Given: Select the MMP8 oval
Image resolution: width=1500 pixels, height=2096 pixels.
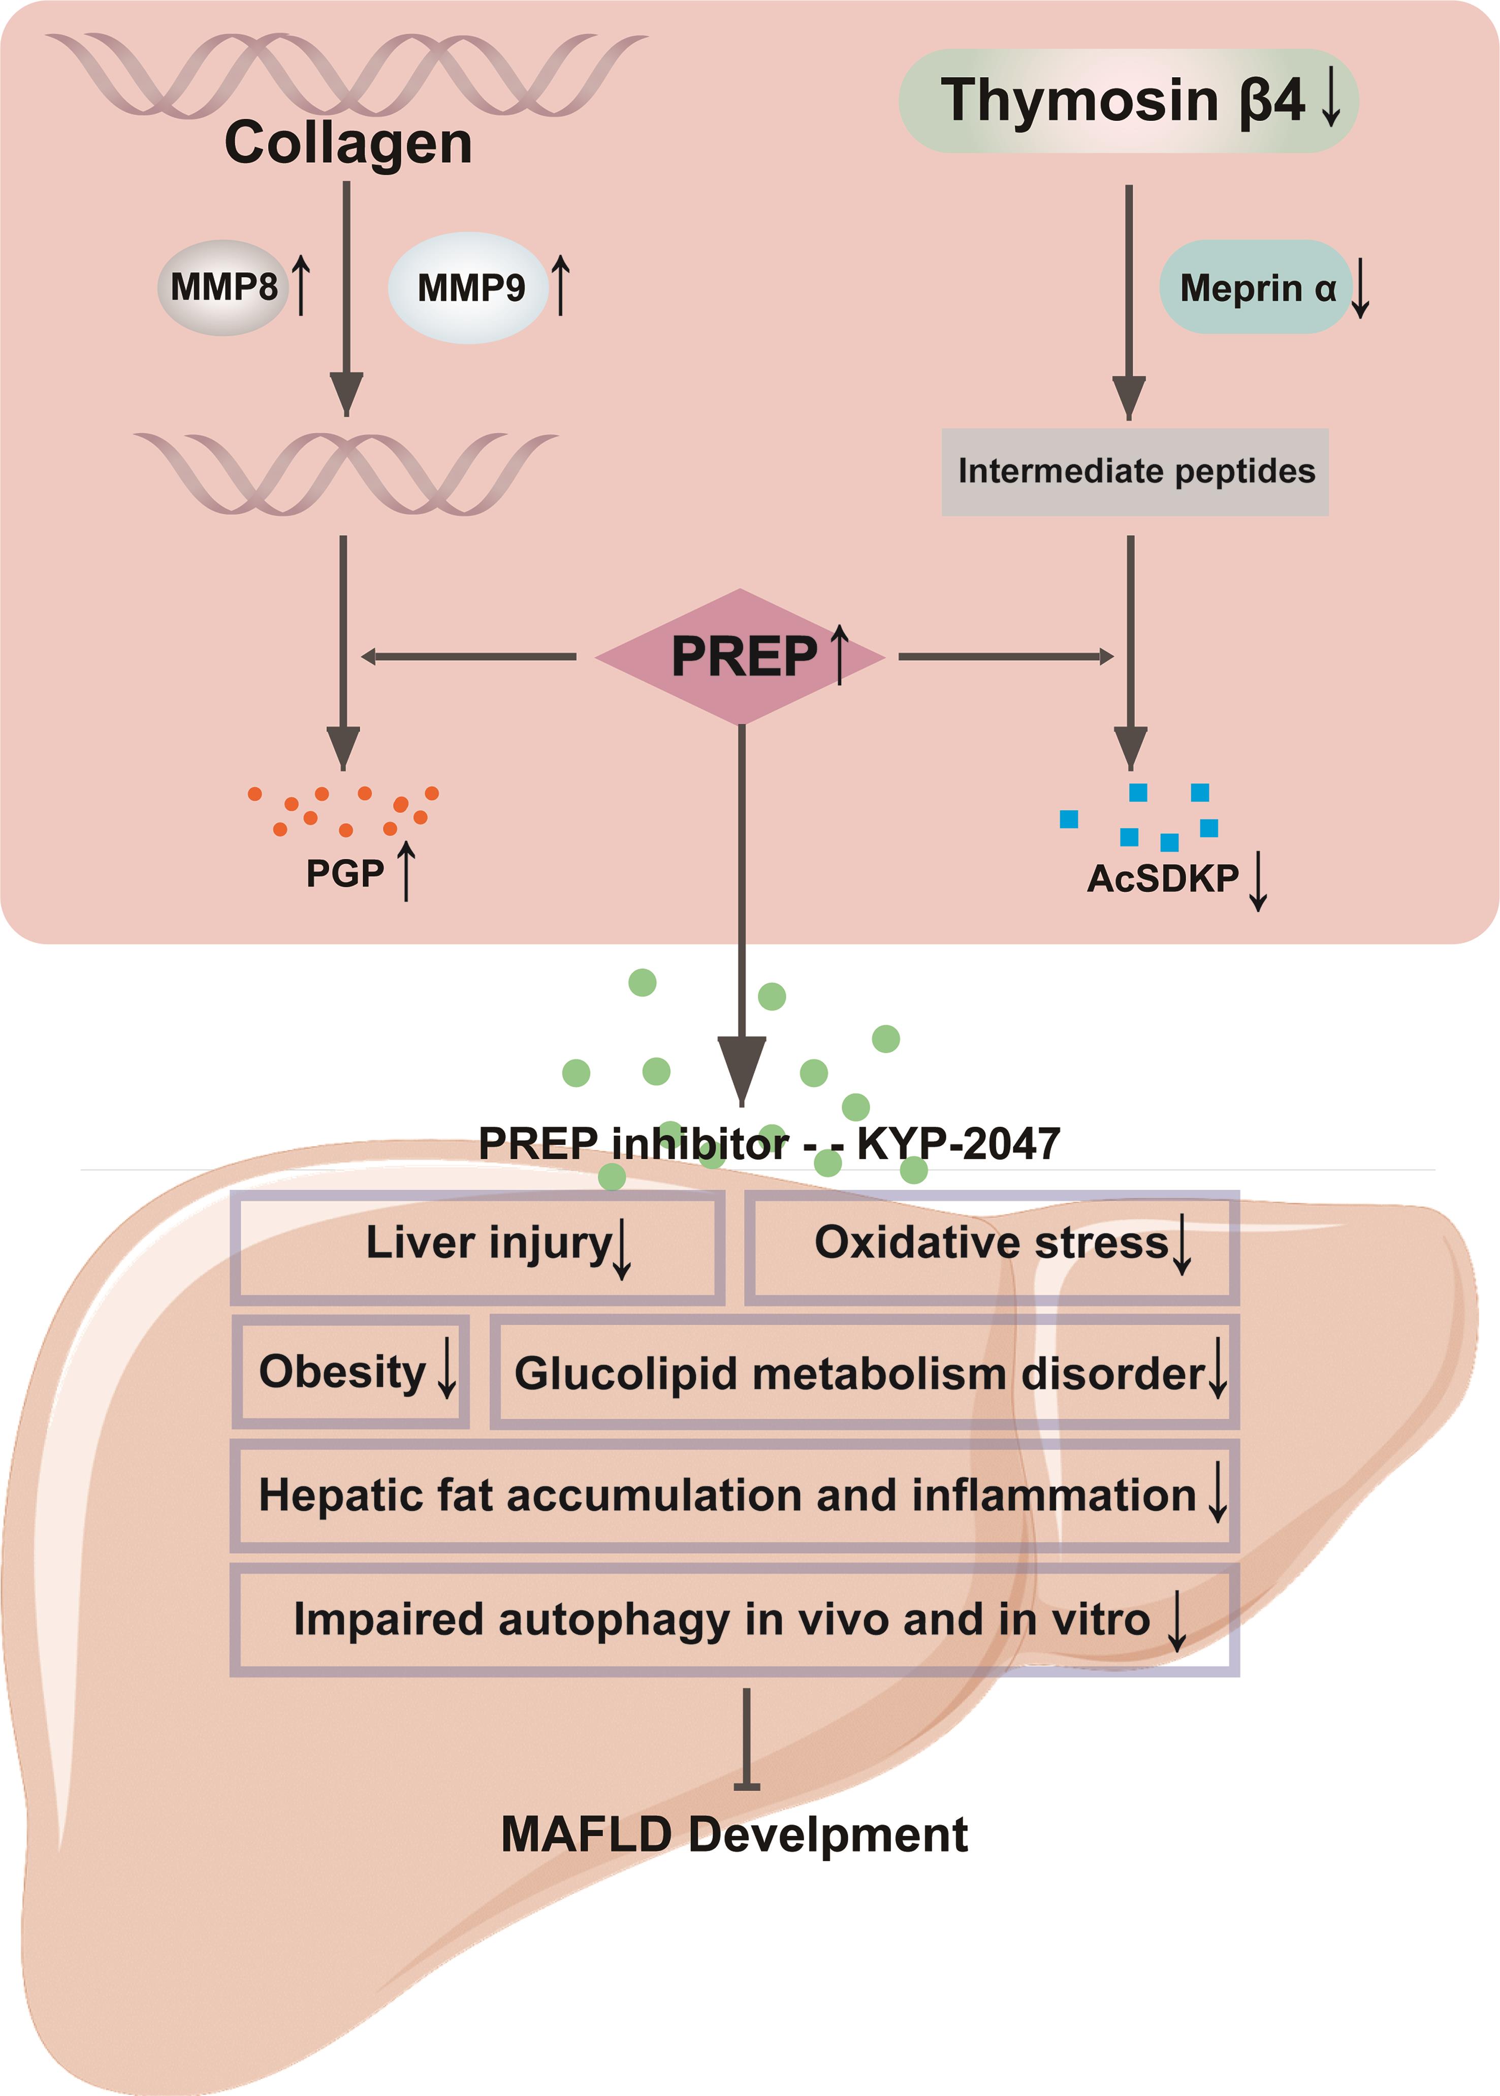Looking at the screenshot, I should [x=224, y=288].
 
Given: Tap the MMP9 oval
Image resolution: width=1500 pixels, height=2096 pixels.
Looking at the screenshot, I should [x=469, y=288].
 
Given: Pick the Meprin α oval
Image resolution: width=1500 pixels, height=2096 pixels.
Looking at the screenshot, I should [x=1256, y=288].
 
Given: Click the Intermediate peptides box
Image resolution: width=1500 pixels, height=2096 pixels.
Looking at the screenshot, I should [x=1135, y=471].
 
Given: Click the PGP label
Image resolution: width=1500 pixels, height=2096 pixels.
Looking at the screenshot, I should [x=344, y=873].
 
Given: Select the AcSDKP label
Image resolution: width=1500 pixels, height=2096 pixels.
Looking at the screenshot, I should [x=1162, y=878].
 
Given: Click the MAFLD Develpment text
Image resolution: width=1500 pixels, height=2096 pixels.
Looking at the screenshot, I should [x=735, y=1834].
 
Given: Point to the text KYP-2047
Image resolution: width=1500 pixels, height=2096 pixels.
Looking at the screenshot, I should [x=959, y=1144].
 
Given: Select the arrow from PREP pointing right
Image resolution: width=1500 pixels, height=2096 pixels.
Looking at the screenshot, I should [x=1005, y=657].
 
